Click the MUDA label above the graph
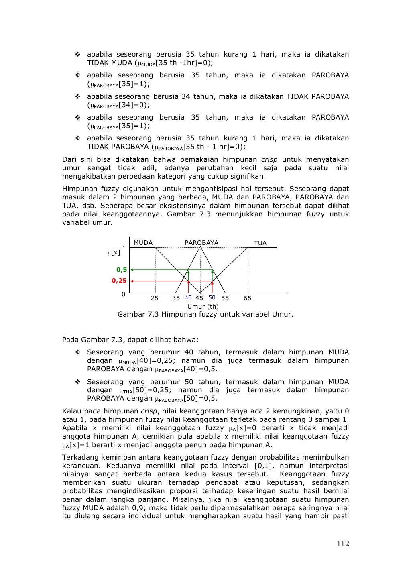coord(143,243)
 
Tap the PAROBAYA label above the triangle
coord(201,243)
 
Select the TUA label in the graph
coord(260,243)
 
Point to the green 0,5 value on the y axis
coord(122,270)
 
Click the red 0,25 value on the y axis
coord(119,281)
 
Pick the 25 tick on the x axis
coord(155,298)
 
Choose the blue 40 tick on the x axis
coord(188,298)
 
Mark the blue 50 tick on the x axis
coord(212,298)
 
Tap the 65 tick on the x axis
coord(248,298)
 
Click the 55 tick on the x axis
coord(225,298)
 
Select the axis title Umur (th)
coord(203,307)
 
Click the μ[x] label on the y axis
coord(114,252)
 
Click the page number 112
coord(343,544)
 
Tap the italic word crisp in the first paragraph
coord(269,159)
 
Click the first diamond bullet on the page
coord(78,54)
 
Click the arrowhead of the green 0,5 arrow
coord(132,270)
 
